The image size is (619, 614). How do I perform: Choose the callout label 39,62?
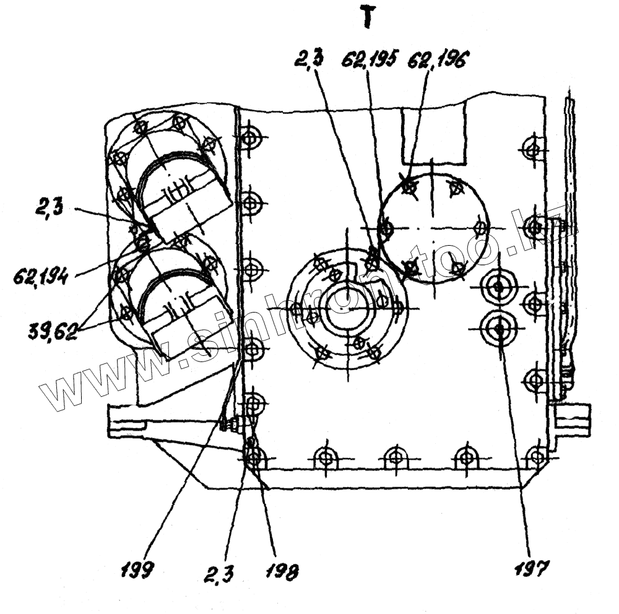point(53,332)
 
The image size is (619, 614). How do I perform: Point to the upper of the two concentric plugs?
point(499,286)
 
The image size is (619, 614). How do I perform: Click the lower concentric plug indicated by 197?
point(499,329)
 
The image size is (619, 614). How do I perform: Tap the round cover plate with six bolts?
point(433,227)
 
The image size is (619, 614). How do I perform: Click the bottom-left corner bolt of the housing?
point(253,458)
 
